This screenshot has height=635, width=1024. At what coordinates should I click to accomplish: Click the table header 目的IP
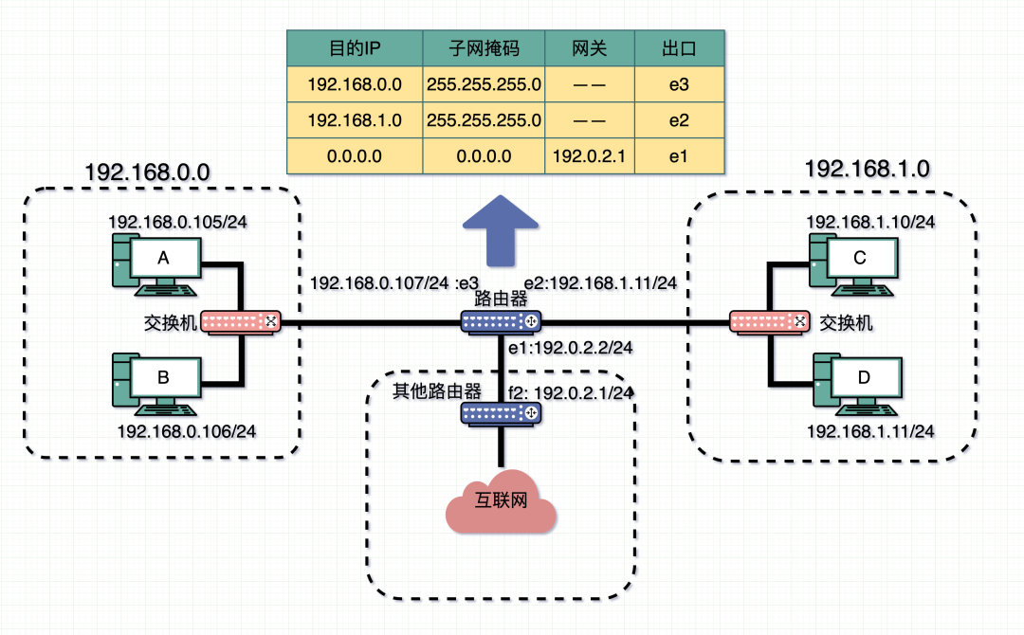point(355,48)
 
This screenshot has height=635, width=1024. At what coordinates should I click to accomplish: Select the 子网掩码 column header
point(485,48)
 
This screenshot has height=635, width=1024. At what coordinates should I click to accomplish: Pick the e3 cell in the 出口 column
point(678,84)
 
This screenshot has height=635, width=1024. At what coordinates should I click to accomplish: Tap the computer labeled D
point(859,381)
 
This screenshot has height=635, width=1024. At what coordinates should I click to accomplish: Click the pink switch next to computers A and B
point(240,322)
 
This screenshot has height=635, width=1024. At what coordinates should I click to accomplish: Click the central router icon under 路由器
point(501,322)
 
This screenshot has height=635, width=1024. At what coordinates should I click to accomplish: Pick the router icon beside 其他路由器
point(501,413)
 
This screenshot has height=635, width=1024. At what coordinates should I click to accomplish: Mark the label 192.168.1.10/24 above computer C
point(870,222)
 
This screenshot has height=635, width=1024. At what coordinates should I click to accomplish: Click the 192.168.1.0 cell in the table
point(355,120)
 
